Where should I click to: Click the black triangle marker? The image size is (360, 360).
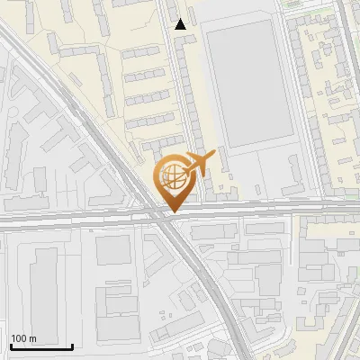[x=181, y=24]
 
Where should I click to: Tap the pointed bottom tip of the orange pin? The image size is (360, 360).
[x=172, y=211]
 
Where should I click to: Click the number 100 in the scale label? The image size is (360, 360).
[x=19, y=338]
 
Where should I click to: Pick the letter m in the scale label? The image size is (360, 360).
[x=32, y=338]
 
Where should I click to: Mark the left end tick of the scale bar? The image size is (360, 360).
[x=10, y=346]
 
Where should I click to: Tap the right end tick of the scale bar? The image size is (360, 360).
[x=72, y=346]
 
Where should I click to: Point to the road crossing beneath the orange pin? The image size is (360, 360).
[x=165, y=217]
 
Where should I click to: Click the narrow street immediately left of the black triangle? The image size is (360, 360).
[x=171, y=36]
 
